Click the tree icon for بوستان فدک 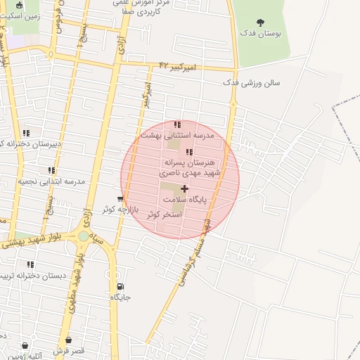pos(261,23)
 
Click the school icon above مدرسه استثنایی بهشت pos(177,125)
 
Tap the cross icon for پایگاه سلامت pos(185,188)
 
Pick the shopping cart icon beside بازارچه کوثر pos(121,200)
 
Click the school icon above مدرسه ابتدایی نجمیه pos(51,170)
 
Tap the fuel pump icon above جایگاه pos(120,286)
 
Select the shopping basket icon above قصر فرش pos(27,345)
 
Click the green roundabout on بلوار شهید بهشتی pos(84,236)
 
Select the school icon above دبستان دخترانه pos(30,264)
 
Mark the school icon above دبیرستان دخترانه pos(26,133)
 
